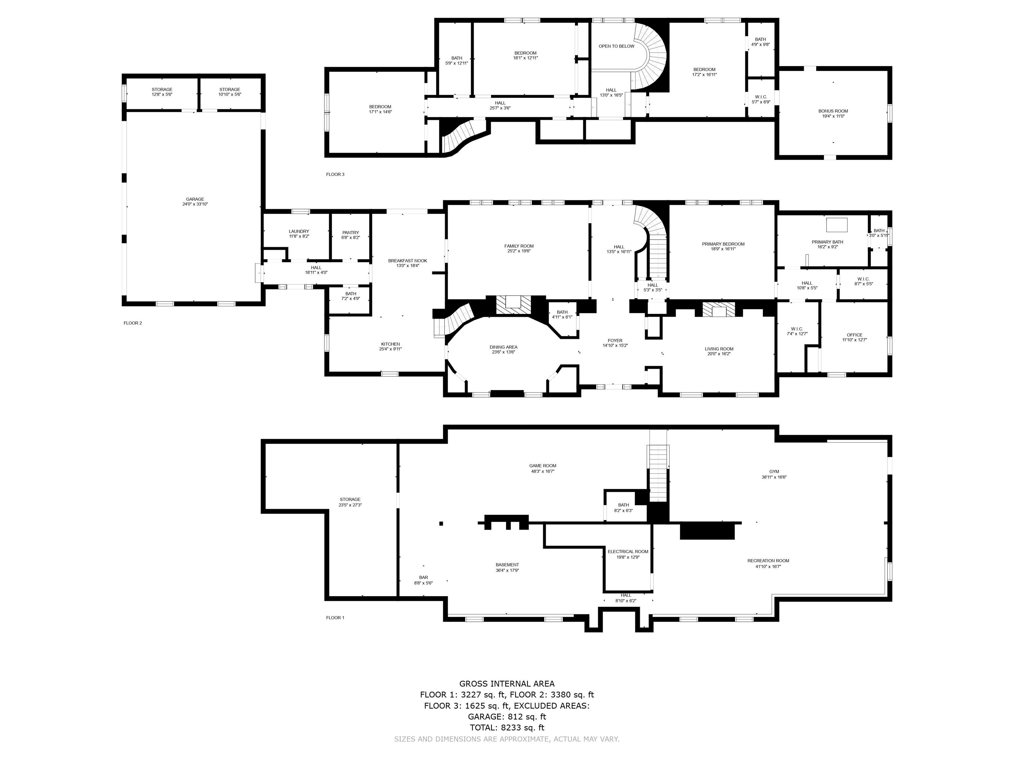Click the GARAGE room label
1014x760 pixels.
click(195, 199)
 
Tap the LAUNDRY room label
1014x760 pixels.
click(299, 231)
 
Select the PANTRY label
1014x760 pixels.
click(351, 233)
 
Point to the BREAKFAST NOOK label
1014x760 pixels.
click(408, 261)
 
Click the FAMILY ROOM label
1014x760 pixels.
click(519, 246)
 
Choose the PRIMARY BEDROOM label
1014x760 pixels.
click(724, 244)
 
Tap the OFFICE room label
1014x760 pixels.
click(855, 335)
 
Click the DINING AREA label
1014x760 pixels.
click(503, 347)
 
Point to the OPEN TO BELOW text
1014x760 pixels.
click(617, 46)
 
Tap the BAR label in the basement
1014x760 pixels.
click(423, 578)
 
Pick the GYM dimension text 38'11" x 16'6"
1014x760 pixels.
click(774, 477)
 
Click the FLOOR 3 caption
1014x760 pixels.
click(335, 174)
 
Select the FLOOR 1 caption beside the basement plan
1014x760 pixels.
click(335, 617)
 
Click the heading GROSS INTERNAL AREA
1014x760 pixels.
click(507, 684)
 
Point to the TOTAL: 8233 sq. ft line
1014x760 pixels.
click(507, 727)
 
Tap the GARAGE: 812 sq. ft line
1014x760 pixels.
click(507, 717)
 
